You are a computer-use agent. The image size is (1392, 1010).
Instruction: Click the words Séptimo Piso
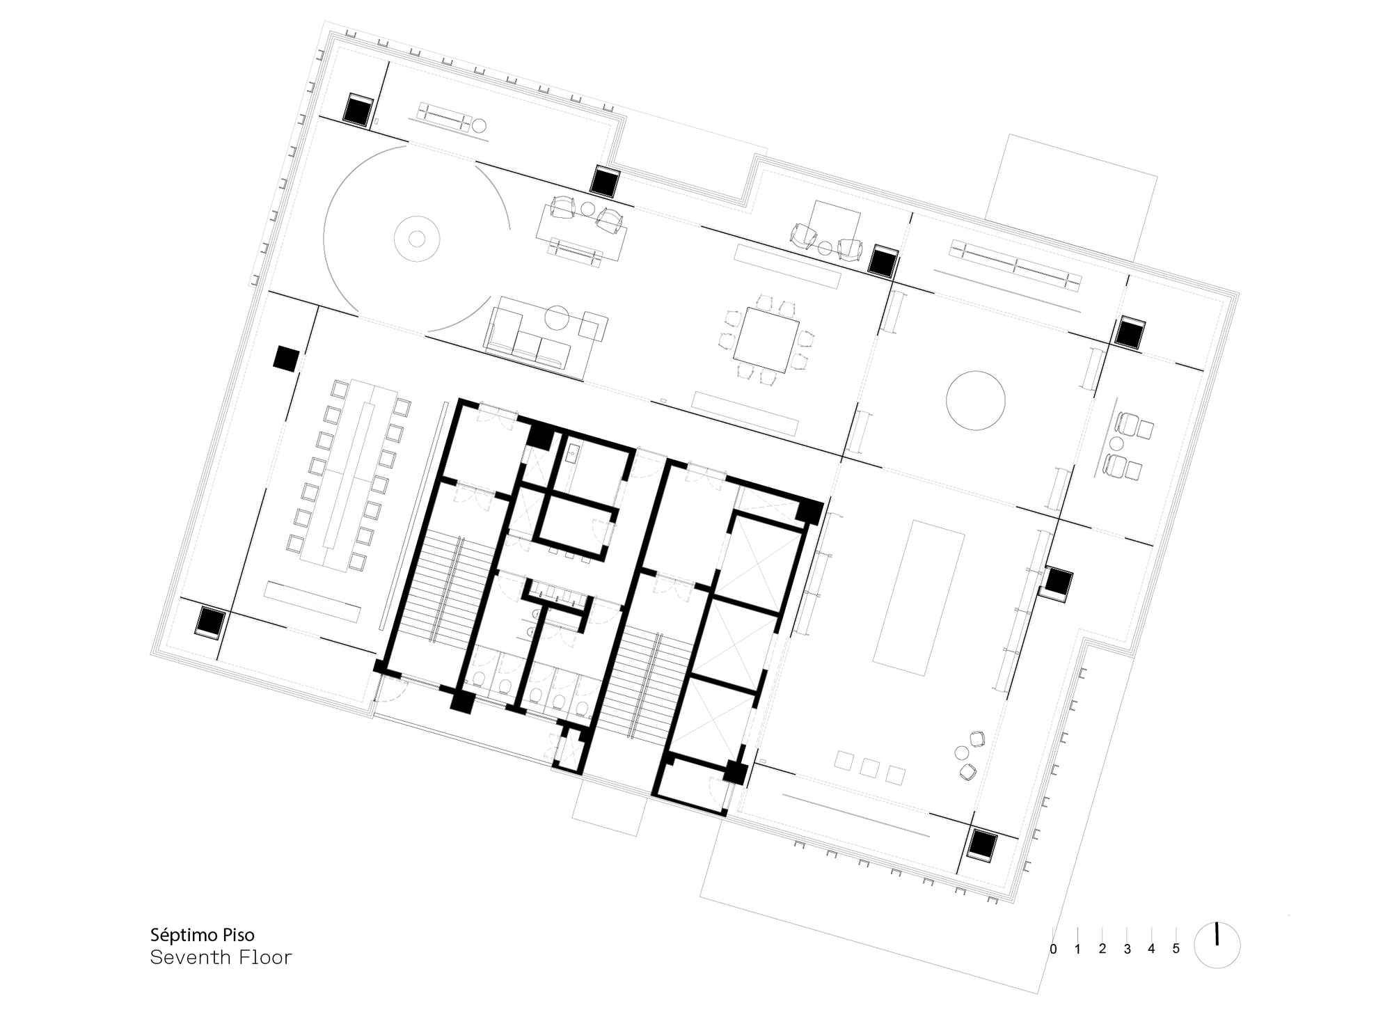click(202, 934)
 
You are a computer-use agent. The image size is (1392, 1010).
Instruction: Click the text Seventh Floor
click(221, 958)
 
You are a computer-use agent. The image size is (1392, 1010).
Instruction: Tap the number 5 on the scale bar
click(1176, 949)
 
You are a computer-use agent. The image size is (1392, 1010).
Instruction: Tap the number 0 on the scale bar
click(1053, 949)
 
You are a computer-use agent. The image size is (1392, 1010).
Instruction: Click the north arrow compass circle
click(1217, 945)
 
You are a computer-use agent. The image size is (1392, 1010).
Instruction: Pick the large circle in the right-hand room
click(976, 400)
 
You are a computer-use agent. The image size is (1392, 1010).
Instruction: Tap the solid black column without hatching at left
click(285, 358)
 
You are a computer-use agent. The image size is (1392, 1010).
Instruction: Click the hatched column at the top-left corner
click(358, 110)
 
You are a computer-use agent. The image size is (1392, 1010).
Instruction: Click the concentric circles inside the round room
click(416, 239)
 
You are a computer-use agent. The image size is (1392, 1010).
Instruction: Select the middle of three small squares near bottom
click(869, 767)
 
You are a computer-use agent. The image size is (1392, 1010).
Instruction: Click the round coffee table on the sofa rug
click(557, 318)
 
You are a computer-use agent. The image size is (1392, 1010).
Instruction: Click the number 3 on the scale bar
click(1127, 949)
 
